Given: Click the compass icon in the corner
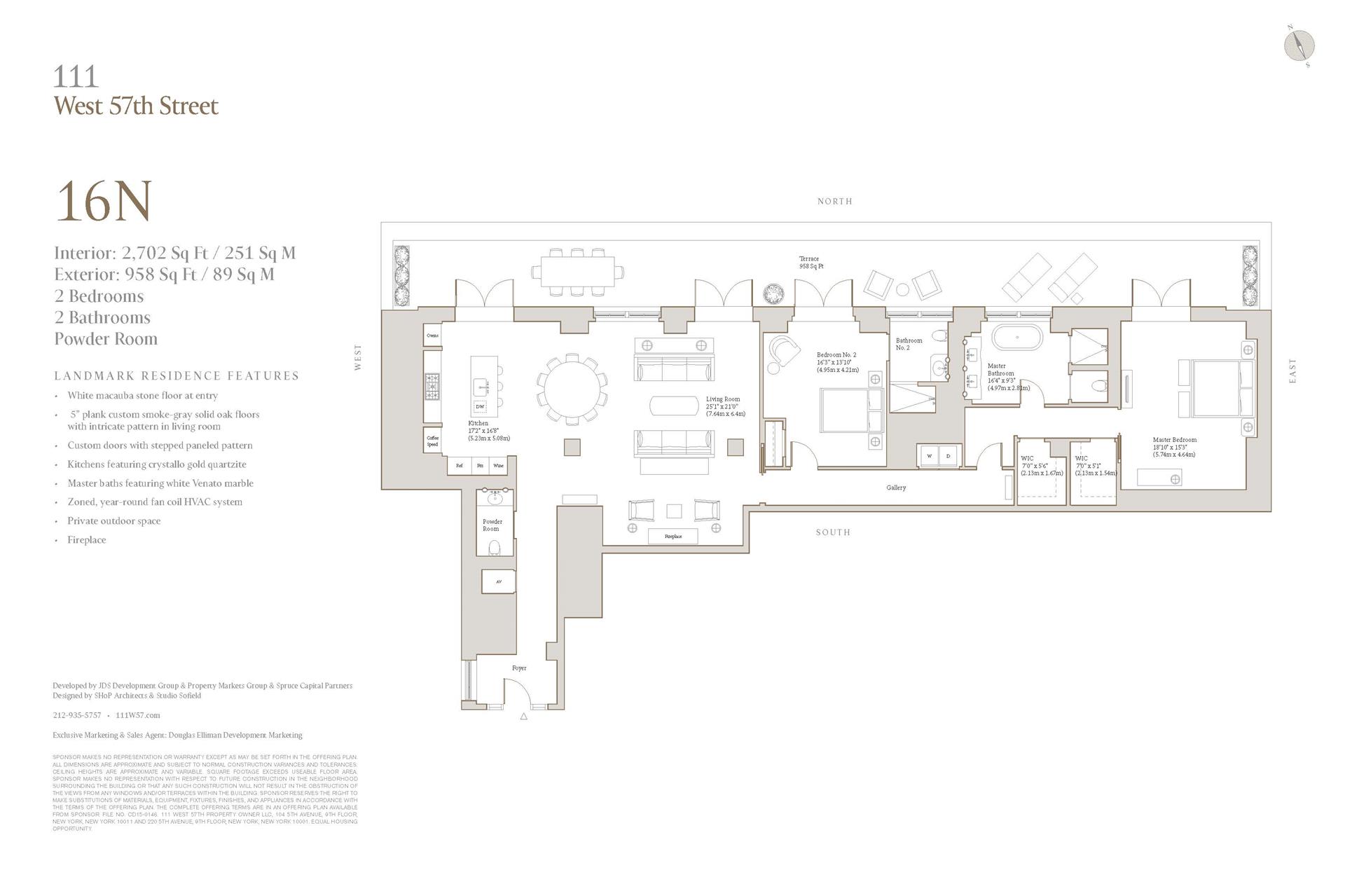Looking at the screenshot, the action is pyautogui.click(x=1299, y=46).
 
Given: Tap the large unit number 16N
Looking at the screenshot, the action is pyautogui.click(x=103, y=202).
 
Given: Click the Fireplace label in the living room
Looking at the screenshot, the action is pyautogui.click(x=672, y=537).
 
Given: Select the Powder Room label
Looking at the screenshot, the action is pyautogui.click(x=492, y=525).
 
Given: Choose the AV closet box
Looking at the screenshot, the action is pyautogui.click(x=498, y=581).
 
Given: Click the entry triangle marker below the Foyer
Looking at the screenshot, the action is pyautogui.click(x=523, y=717).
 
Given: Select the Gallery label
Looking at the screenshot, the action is pyautogui.click(x=895, y=488).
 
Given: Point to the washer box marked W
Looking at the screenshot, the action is pyautogui.click(x=930, y=455).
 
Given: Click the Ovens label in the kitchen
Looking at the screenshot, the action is pyautogui.click(x=432, y=336).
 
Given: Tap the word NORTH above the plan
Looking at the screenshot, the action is pyautogui.click(x=834, y=202).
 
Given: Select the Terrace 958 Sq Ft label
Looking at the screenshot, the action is pyautogui.click(x=811, y=263).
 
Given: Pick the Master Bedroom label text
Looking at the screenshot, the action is pyautogui.click(x=1174, y=440).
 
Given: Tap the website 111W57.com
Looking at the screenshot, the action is pyautogui.click(x=137, y=715).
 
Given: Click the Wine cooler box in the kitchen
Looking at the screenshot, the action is pyautogui.click(x=498, y=465).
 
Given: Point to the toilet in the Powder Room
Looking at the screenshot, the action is pyautogui.click(x=494, y=546).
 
